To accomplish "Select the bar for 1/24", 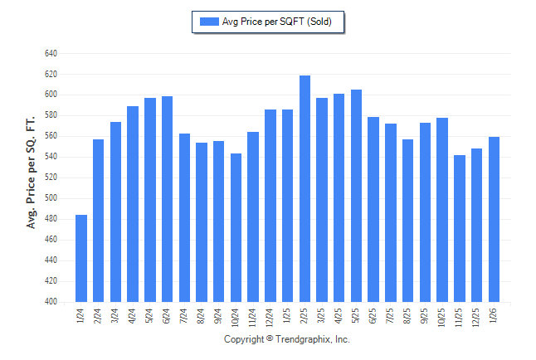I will [x=81, y=258].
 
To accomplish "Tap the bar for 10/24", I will [x=236, y=227].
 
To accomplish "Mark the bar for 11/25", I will [x=460, y=228].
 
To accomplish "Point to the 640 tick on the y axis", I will [x=51, y=53].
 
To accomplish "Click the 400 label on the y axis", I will [x=51, y=302].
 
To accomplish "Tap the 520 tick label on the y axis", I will [x=51, y=178].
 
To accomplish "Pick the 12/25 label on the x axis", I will [x=477, y=316].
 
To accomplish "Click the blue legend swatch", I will [x=208, y=22].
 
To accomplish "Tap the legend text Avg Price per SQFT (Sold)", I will [x=277, y=22].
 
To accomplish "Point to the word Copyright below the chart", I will [x=245, y=339].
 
